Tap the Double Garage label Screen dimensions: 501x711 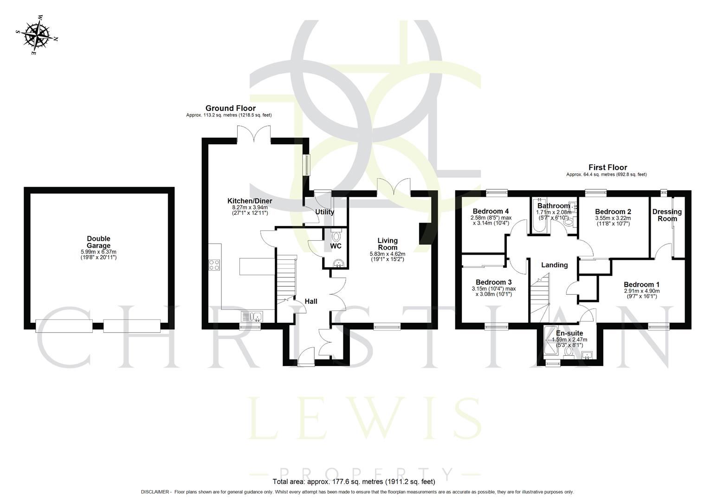click(x=98, y=242)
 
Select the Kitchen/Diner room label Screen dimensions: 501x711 click(x=249, y=201)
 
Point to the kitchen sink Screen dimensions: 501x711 click(x=252, y=316)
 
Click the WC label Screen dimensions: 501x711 click(x=336, y=246)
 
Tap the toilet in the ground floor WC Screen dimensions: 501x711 click(x=336, y=236)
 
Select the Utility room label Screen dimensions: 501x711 click(x=324, y=212)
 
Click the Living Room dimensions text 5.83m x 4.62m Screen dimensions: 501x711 click(x=387, y=254)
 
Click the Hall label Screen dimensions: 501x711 click(x=310, y=302)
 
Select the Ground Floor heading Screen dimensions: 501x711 click(x=230, y=108)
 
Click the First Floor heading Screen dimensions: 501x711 click(x=608, y=167)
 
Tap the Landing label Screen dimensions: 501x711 click(x=554, y=265)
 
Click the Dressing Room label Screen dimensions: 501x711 click(x=667, y=215)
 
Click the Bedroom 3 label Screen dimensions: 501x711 click(x=493, y=282)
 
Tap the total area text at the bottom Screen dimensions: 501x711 click(x=354, y=481)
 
